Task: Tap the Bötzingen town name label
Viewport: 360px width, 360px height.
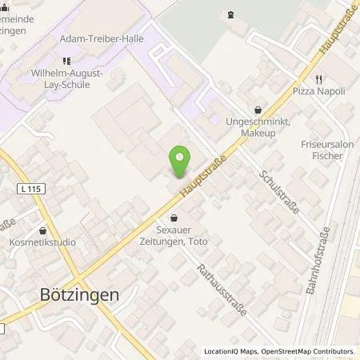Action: click(x=79, y=294)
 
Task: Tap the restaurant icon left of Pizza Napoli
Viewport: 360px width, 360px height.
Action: click(x=318, y=79)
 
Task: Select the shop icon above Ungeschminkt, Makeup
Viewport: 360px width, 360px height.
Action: click(x=257, y=110)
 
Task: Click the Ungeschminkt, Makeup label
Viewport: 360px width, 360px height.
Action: click(x=257, y=127)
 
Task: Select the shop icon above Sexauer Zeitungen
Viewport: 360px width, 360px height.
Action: click(x=175, y=216)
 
